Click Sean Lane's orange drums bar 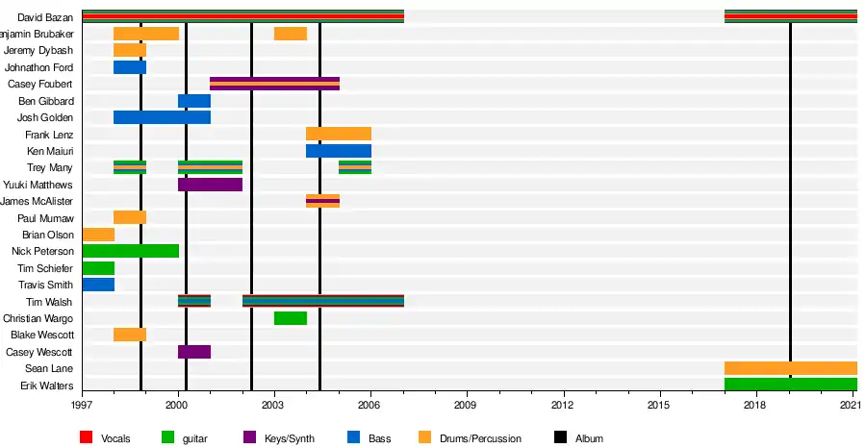pos(790,368)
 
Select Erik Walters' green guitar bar pos(790,385)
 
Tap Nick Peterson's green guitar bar pos(130,251)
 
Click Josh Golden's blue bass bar pos(162,117)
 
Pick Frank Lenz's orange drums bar pos(338,134)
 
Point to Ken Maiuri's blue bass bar pos(338,151)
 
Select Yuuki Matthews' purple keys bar pos(210,185)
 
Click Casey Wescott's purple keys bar pos(194,352)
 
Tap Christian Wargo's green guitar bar pos(291,318)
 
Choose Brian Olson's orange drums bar pos(98,235)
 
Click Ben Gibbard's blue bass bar pos(194,101)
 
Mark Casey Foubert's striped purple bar pos(274,84)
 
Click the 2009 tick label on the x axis pos(467,407)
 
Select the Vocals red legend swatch pos(87,438)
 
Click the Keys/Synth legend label pos(289,438)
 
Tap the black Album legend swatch pos(561,438)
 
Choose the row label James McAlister pos(38,201)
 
